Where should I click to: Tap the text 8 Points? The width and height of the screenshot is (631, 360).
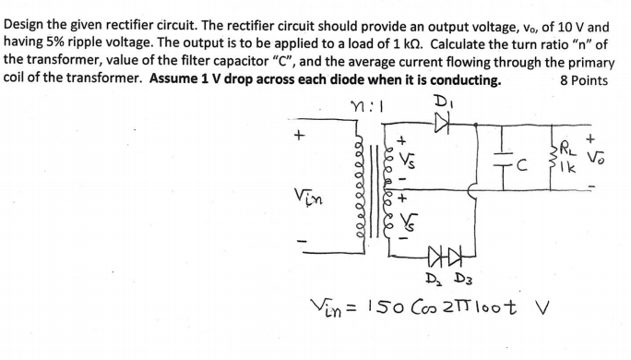pyautogui.click(x=584, y=80)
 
